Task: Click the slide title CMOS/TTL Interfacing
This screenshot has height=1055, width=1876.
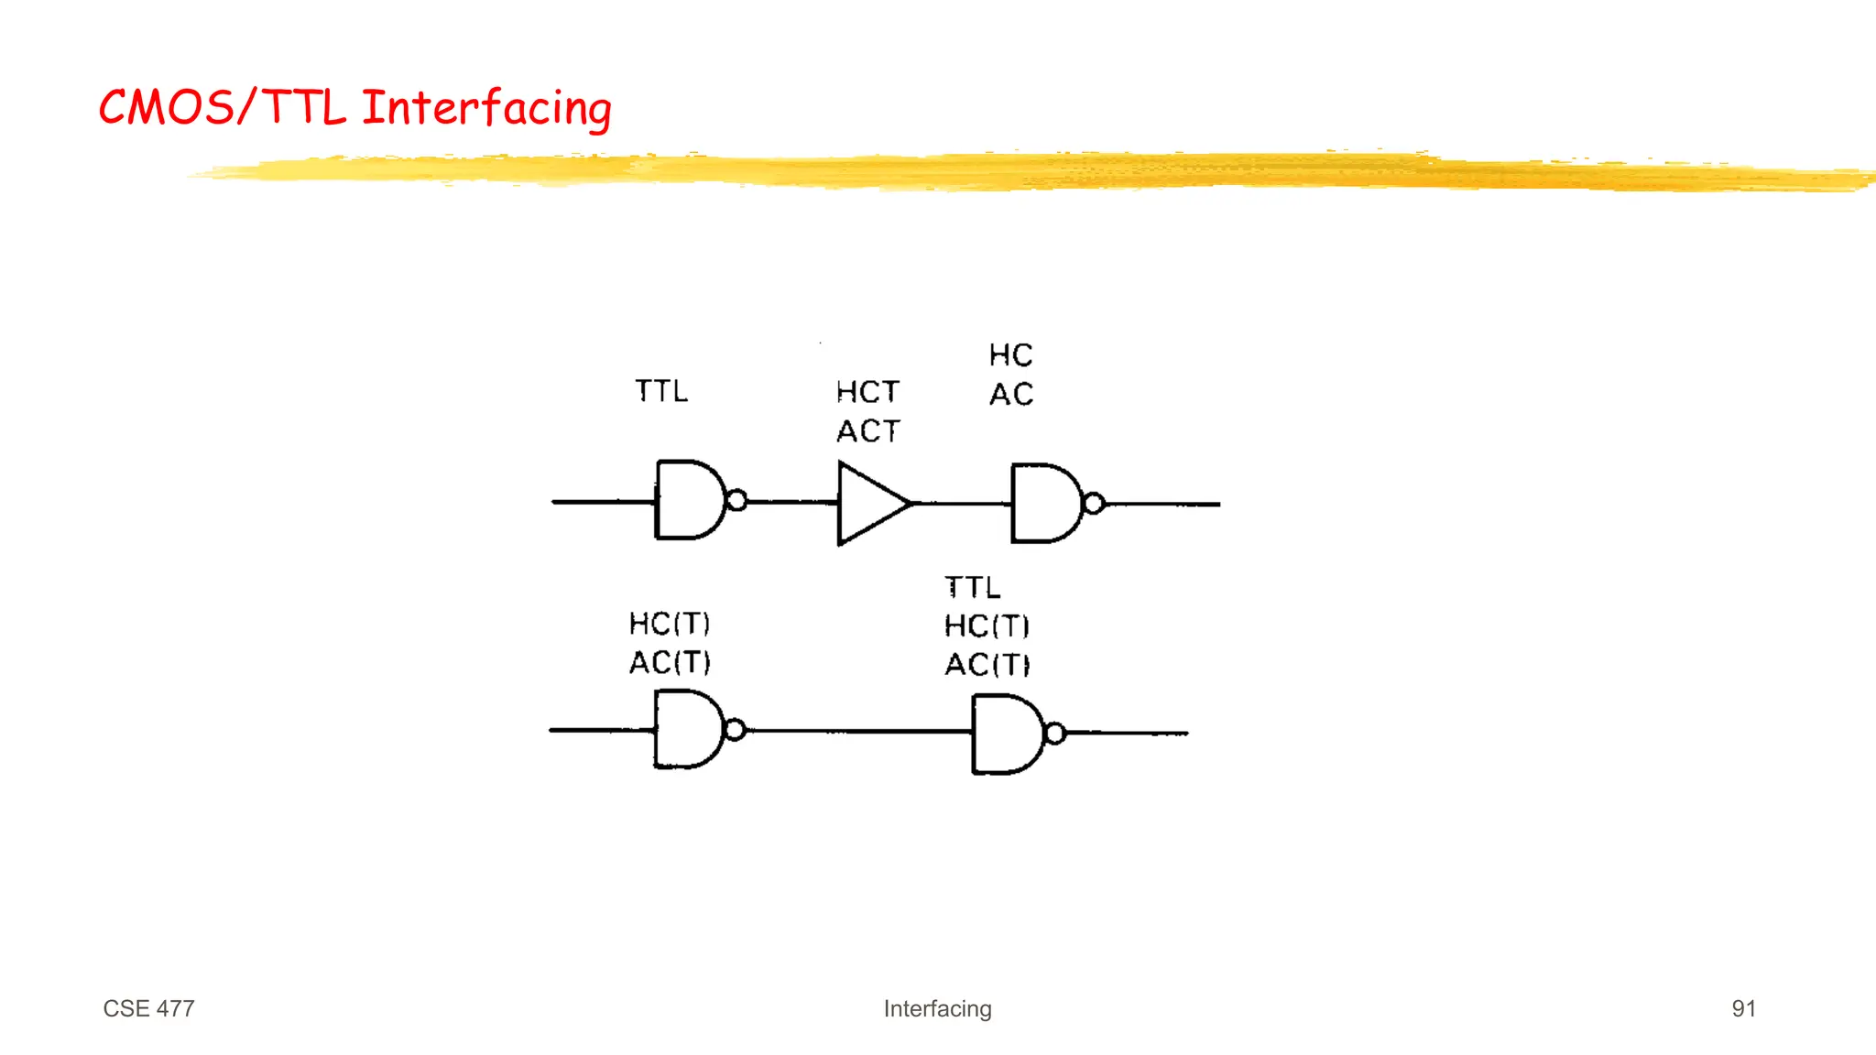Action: [x=354, y=108]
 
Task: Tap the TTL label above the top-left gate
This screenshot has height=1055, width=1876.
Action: [x=661, y=391]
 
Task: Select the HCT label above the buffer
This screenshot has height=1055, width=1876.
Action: [x=867, y=392]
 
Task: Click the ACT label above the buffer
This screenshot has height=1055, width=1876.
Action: [x=868, y=431]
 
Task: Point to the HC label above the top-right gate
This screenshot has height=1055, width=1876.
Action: [x=1010, y=355]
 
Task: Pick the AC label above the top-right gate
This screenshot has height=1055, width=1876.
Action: [x=1011, y=395]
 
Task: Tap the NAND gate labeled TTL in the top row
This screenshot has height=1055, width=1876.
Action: [x=689, y=500]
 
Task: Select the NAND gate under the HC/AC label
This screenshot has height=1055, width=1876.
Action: [x=1044, y=504]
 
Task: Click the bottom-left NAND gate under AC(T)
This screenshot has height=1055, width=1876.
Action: [x=687, y=730]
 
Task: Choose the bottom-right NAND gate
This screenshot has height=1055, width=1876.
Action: [x=1005, y=734]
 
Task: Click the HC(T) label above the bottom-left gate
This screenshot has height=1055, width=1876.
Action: [x=670, y=624]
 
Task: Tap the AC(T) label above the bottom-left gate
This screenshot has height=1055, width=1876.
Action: [x=670, y=662]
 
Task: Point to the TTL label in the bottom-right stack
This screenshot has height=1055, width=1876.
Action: [x=972, y=587]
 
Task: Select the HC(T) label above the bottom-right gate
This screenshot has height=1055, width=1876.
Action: [x=987, y=626]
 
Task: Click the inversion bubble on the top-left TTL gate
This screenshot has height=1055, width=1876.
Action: [x=736, y=501]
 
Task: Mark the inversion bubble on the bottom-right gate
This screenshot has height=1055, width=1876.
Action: [x=1055, y=734]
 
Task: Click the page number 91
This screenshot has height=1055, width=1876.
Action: [x=1743, y=1008]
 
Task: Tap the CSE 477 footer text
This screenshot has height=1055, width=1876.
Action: [x=148, y=1008]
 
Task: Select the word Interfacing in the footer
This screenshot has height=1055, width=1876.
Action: [x=937, y=1008]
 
